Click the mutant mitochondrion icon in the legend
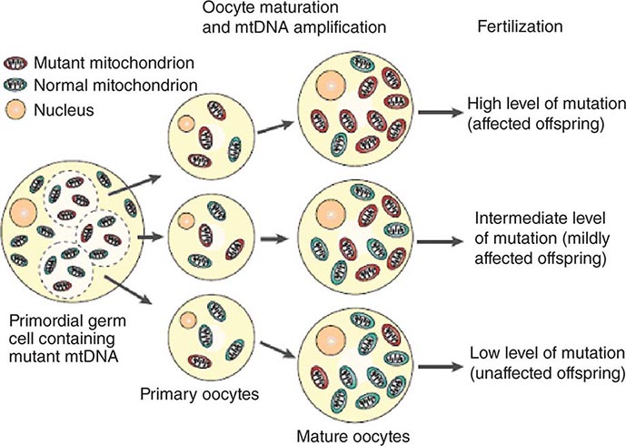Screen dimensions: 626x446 15,63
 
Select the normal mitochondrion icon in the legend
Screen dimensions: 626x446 15,85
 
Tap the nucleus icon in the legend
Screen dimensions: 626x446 15,109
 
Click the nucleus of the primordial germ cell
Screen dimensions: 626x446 23,212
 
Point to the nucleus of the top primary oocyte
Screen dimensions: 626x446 186,124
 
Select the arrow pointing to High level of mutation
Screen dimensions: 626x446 441,112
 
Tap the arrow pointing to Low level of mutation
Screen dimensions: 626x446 441,367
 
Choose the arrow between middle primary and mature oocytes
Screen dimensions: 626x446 273,239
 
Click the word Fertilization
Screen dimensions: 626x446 521,26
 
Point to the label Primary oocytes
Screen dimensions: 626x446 199,394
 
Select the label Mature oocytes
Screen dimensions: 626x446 353,436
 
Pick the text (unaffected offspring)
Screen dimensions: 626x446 548,373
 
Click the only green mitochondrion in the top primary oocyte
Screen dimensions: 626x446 234,149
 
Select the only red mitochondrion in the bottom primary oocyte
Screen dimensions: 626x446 200,361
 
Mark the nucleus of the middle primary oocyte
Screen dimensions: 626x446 185,221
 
